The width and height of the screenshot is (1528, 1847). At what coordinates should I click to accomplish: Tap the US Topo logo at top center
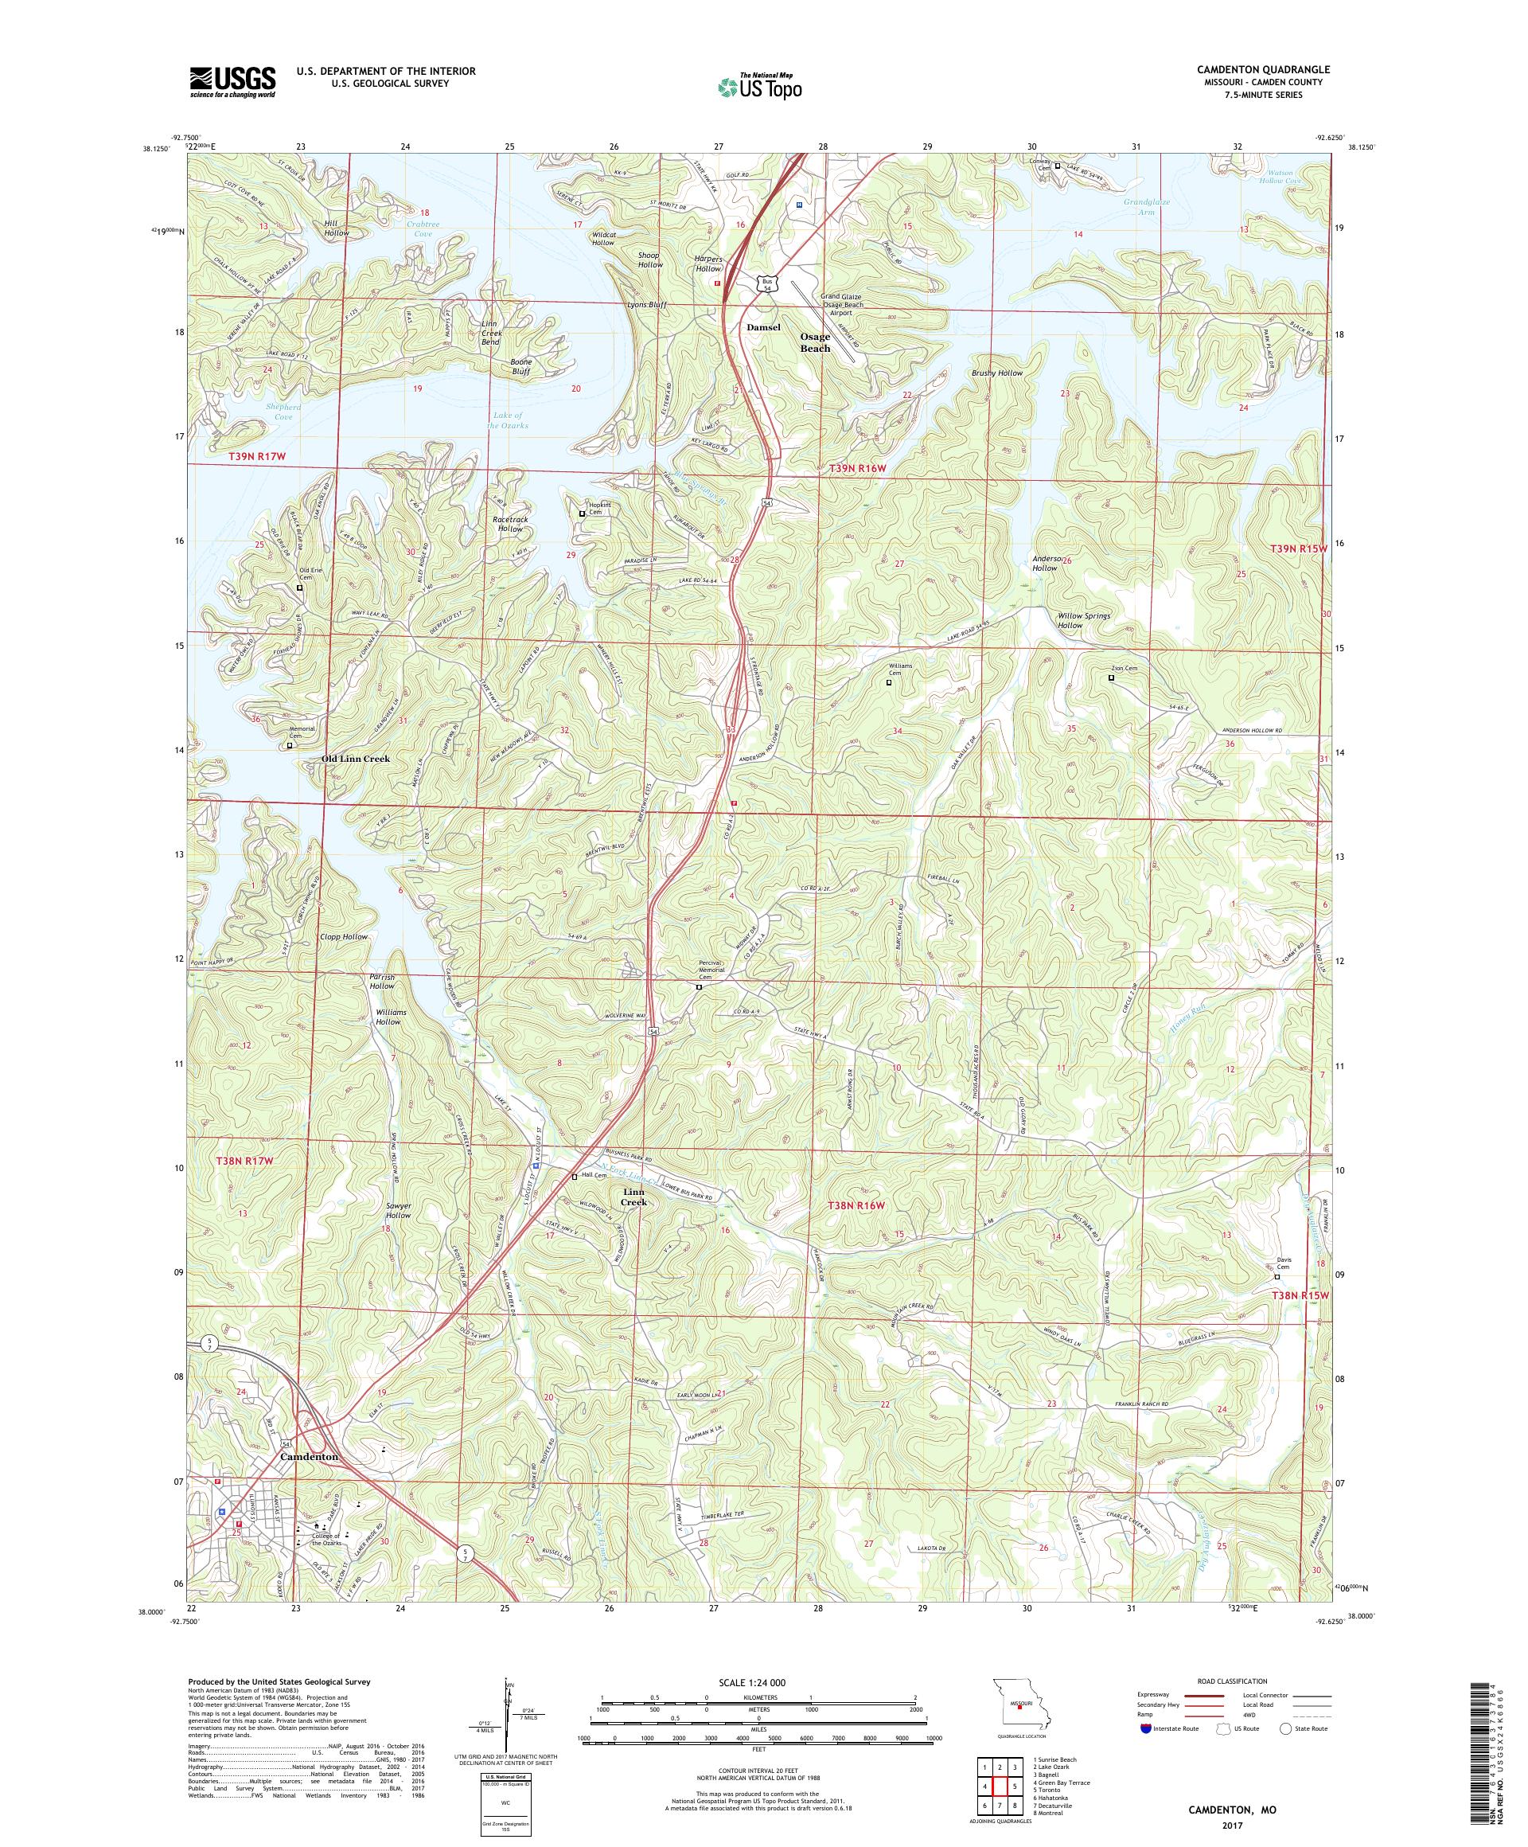pyautogui.click(x=761, y=86)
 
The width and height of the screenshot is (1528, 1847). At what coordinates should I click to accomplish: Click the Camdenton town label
pyautogui.click(x=309, y=1456)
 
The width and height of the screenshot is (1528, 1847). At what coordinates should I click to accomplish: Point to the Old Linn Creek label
pyautogui.click(x=355, y=758)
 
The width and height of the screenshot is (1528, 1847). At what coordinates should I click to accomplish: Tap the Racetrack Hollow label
pyautogui.click(x=511, y=524)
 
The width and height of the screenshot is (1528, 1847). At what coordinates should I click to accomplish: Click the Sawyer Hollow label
pyautogui.click(x=397, y=1209)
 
